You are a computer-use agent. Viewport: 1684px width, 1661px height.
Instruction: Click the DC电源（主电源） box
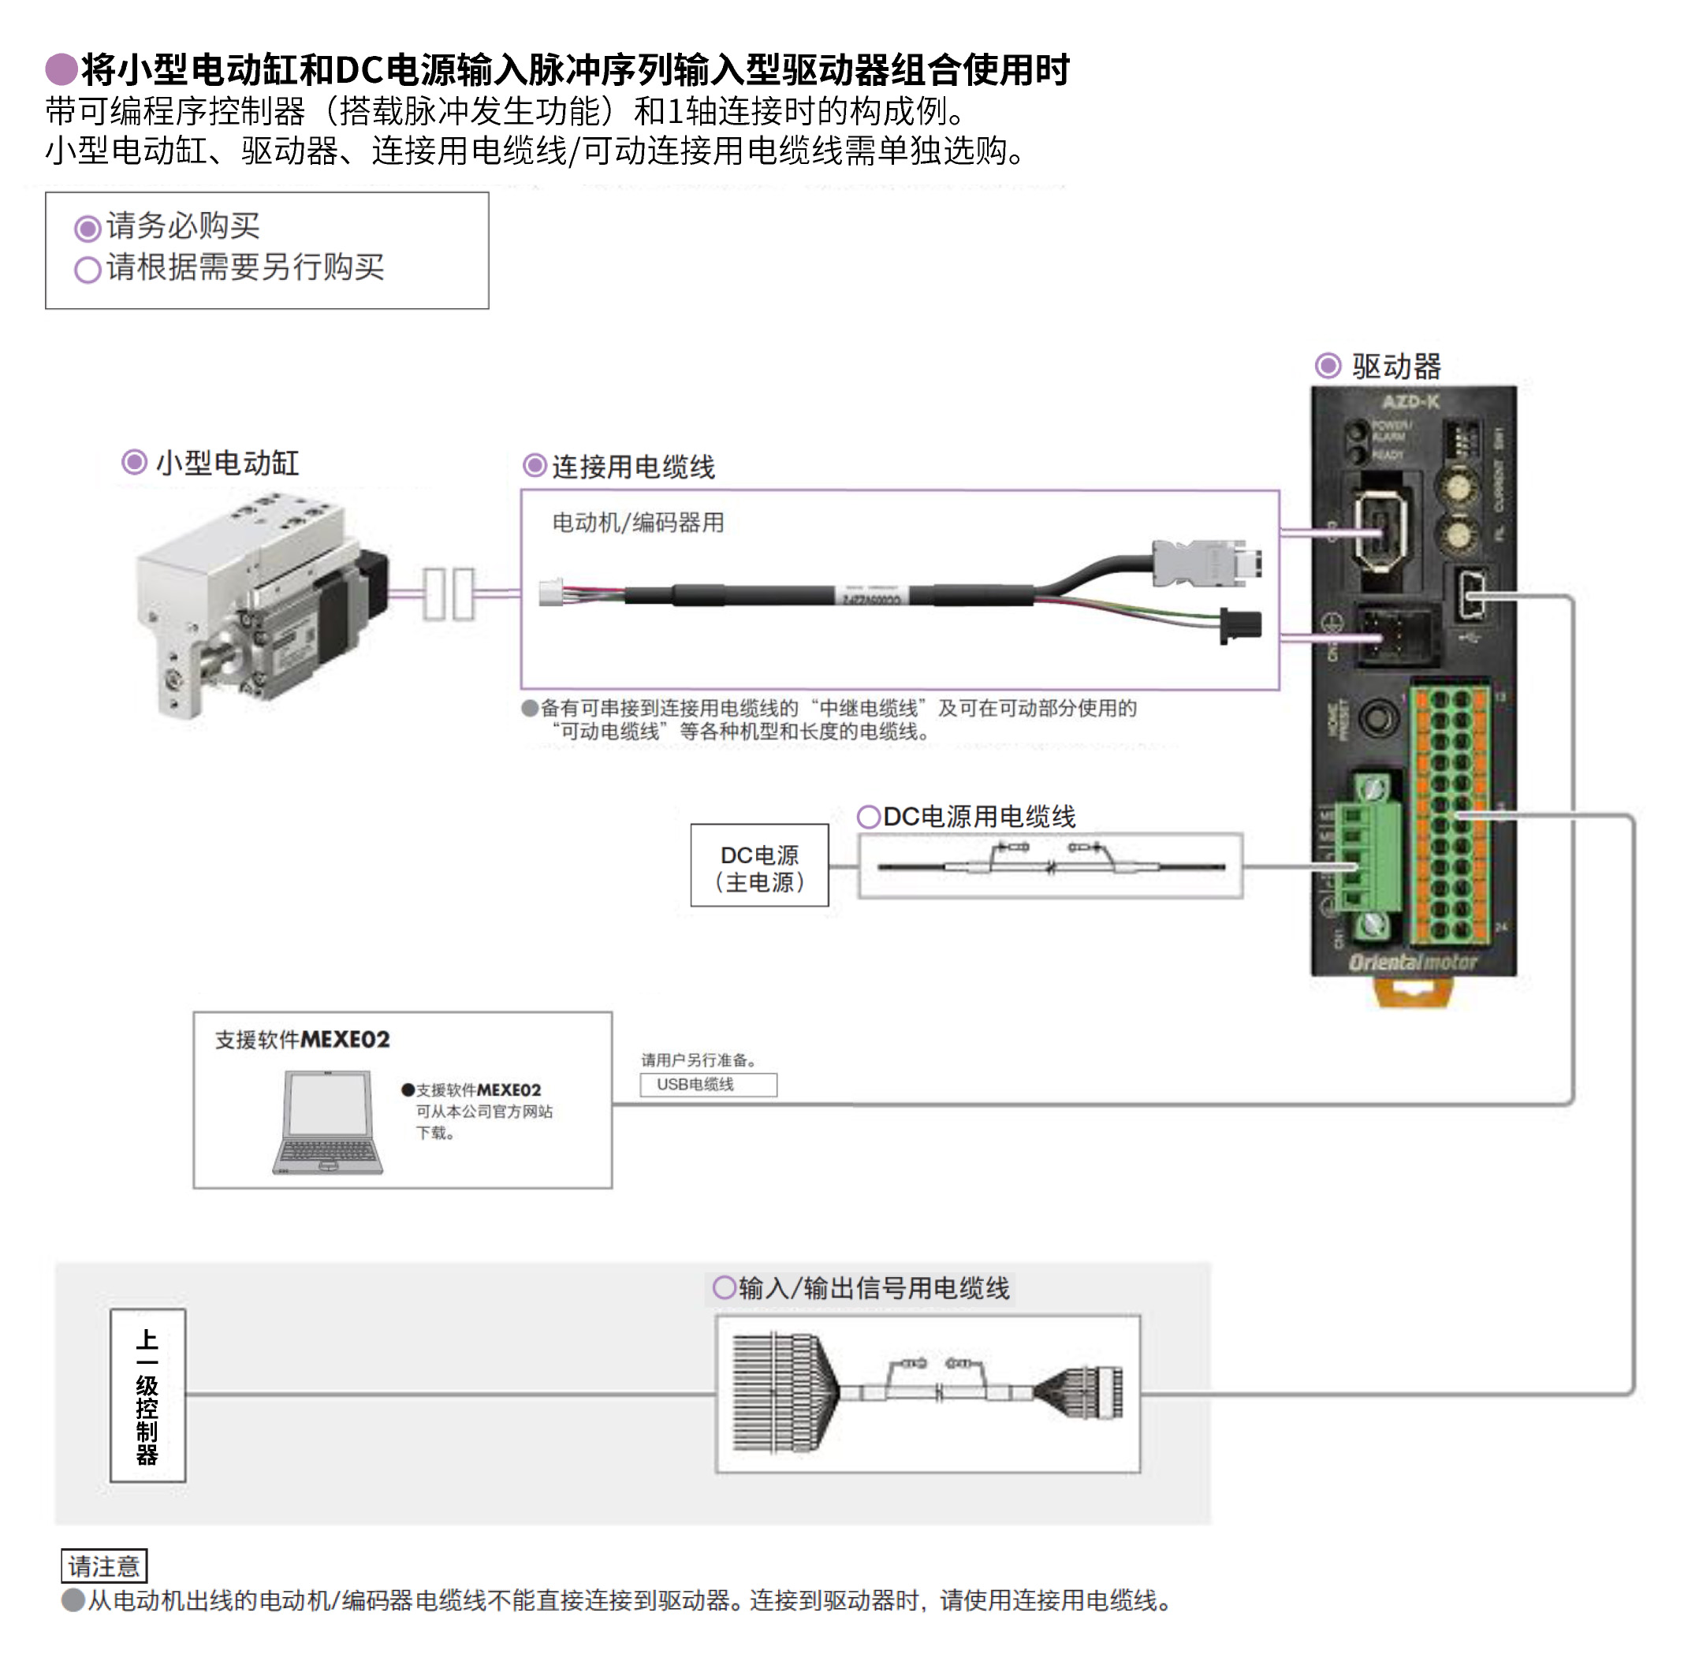tap(758, 866)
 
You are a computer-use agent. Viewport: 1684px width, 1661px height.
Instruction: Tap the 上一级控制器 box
tap(147, 1395)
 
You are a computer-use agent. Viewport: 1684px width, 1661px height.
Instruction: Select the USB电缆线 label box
tap(707, 1085)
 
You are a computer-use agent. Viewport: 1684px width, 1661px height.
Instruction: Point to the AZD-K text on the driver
tap(1410, 402)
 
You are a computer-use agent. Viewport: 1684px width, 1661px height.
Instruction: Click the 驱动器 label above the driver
tap(1395, 366)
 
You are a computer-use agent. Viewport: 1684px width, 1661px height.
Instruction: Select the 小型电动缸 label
tap(226, 463)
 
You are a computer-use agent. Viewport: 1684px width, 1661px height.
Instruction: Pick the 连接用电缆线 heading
tap(633, 467)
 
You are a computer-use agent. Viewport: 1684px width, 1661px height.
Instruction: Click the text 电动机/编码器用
tap(638, 523)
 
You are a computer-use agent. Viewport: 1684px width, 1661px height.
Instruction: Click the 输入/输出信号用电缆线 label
tap(874, 1288)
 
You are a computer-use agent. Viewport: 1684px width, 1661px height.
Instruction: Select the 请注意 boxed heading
tap(104, 1566)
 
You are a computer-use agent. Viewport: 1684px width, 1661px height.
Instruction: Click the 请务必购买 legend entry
tap(182, 226)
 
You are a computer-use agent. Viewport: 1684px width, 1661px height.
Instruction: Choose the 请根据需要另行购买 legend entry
tap(244, 267)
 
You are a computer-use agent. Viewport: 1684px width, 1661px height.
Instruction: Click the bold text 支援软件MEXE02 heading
tap(303, 1040)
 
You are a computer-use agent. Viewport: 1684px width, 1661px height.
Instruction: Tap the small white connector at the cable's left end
tap(551, 593)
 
